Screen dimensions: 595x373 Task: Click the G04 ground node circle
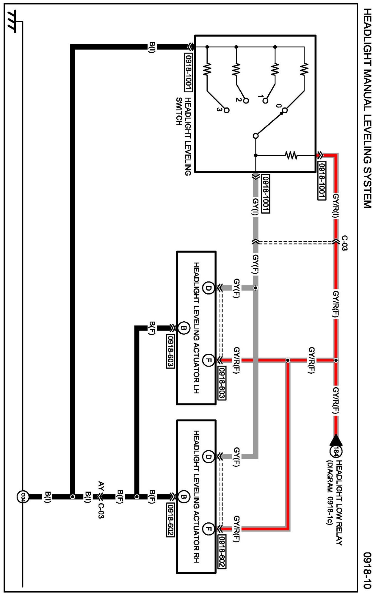coord(23,497)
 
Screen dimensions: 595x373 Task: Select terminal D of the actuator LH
coord(208,288)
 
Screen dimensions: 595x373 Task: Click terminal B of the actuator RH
coord(184,497)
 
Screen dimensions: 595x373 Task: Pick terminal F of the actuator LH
coord(208,360)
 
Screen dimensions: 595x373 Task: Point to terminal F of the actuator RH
coord(208,529)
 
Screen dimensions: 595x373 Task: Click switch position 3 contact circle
coord(227,110)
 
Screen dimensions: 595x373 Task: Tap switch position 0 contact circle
coord(285,110)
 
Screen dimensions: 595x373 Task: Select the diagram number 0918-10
coord(367,570)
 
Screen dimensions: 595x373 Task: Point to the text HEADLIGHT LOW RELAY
coord(339,502)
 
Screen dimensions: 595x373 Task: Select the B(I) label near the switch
coord(152,47)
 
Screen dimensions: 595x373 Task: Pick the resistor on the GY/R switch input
coord(291,155)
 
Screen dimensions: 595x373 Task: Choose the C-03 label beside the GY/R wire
coord(344,243)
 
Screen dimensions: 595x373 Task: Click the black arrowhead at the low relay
coord(336,440)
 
